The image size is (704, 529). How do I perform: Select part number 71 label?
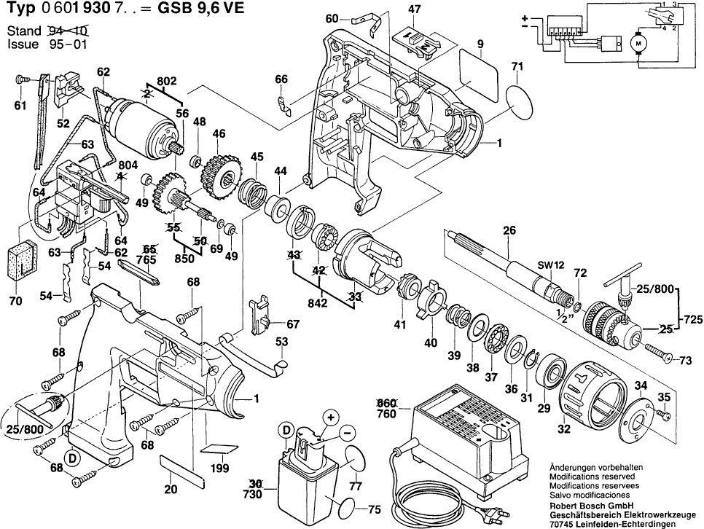pos(517,67)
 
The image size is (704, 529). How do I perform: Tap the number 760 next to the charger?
pos(386,415)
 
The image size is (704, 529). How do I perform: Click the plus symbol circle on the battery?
pos(332,418)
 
